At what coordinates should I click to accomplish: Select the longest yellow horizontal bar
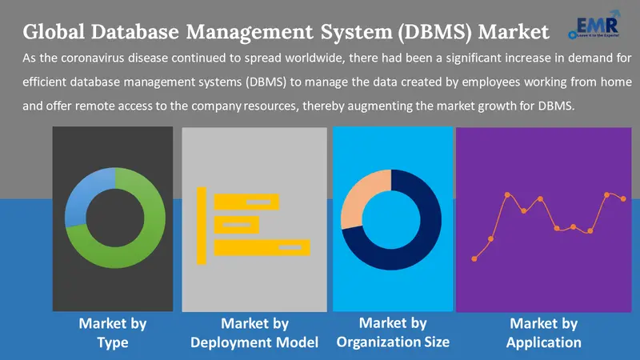pyautogui.click(x=262, y=247)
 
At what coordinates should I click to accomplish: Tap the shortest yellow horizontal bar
pyautogui.click(x=236, y=224)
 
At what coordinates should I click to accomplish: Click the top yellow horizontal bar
pyautogui.click(x=246, y=201)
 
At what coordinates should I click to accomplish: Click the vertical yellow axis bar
pyautogui.click(x=202, y=224)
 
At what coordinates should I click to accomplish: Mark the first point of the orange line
pyautogui.click(x=475, y=258)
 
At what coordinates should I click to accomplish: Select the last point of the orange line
pyautogui.click(x=624, y=198)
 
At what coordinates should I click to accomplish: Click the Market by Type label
pyautogui.click(x=113, y=333)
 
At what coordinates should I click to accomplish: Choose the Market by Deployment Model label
pyautogui.click(x=254, y=333)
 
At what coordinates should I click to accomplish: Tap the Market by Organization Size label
pyautogui.click(x=393, y=332)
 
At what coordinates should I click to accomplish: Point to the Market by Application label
pyautogui.click(x=544, y=333)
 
